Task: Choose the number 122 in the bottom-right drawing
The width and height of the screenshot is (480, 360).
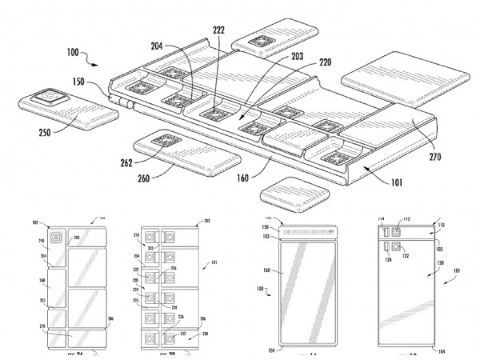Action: point(406,256)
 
